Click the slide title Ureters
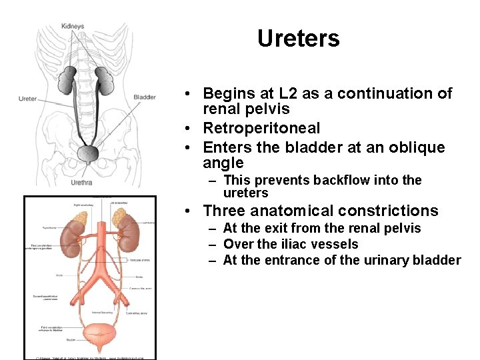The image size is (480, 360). (x=298, y=38)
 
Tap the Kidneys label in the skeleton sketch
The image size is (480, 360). (x=73, y=26)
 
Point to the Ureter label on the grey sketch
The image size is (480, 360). (x=28, y=99)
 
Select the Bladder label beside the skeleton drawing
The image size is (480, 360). (x=144, y=97)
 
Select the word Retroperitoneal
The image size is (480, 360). (x=261, y=128)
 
